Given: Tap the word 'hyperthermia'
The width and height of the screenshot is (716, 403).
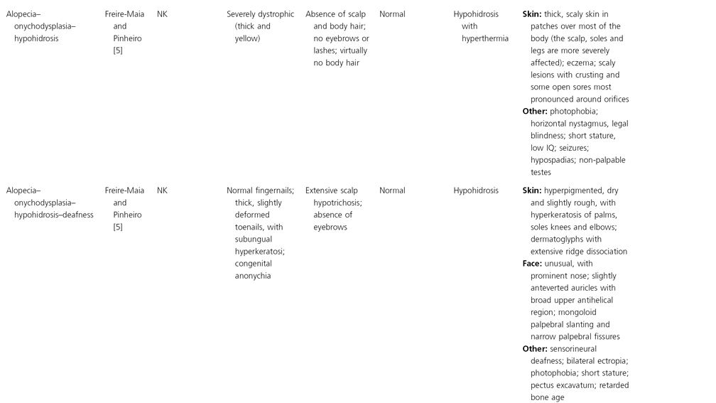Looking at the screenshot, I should coord(485,38).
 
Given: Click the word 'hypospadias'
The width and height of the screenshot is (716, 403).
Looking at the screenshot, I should coord(555,160).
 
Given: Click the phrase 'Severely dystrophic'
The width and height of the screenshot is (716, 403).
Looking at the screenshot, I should coord(260,14).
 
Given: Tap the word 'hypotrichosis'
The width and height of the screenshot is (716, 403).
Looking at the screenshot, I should coord(337,203).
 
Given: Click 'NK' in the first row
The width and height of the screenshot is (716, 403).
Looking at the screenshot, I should coord(162,14).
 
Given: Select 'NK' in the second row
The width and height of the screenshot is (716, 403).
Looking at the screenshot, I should coord(162,190).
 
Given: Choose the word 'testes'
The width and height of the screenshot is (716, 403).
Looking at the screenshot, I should coord(541,172).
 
